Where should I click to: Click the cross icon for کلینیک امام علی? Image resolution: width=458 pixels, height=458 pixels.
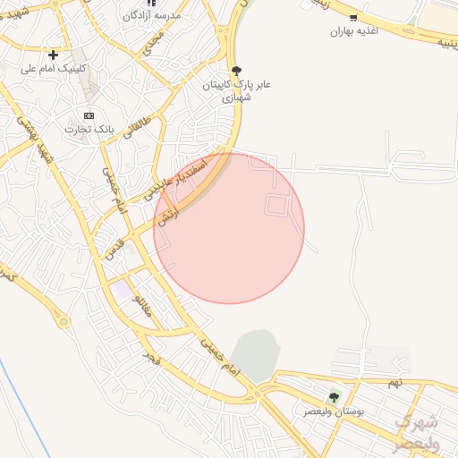tap(54, 55)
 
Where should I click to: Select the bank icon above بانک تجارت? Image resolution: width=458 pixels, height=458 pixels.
tap(89, 115)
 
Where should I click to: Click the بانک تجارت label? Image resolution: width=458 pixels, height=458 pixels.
tap(89, 130)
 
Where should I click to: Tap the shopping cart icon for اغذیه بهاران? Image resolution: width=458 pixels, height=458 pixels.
tap(354, 18)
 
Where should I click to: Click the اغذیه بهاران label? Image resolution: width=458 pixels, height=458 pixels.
tap(354, 31)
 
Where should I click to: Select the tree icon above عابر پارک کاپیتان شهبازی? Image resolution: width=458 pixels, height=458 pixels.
tap(236, 70)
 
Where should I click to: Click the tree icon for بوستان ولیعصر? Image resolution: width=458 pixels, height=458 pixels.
tap(334, 397)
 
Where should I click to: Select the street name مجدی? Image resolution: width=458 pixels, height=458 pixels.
tap(154, 40)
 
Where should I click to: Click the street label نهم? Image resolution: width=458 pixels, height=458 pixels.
tap(394, 383)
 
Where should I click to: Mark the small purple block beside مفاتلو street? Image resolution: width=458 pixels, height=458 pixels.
tap(119, 291)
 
